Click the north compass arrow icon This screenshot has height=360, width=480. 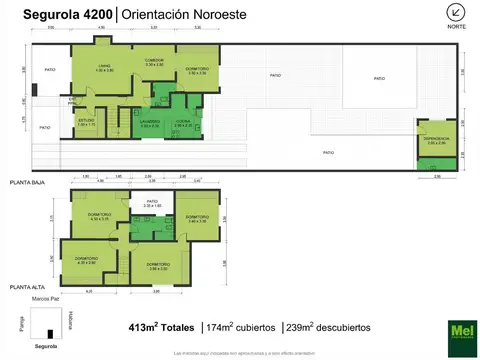457,13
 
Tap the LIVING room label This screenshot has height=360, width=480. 104,68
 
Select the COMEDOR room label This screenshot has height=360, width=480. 154,62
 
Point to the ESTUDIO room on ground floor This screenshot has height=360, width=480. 86,122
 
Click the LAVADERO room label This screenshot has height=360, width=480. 150,123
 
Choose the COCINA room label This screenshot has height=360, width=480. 183,123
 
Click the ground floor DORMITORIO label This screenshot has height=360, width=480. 197,70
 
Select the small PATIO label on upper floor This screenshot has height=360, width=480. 153,203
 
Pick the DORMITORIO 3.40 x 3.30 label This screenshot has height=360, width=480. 196,218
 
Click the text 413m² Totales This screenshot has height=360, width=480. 163,327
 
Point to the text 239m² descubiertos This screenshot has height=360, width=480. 327,327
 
